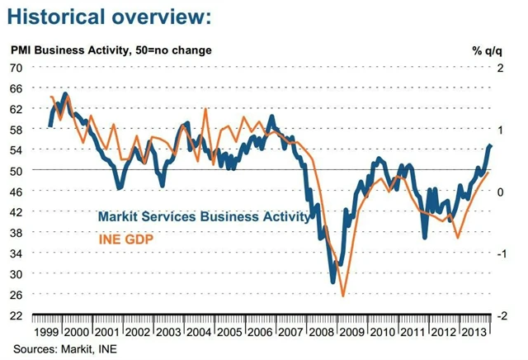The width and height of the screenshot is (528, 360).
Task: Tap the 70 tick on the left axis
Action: click(16, 67)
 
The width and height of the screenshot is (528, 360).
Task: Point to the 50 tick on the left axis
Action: click(16, 170)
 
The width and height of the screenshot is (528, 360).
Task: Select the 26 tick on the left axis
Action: click(16, 295)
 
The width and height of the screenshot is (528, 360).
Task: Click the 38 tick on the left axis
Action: click(16, 233)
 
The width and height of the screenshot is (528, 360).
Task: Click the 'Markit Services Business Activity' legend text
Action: click(204, 218)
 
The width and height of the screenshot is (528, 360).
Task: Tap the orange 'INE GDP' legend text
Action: click(126, 239)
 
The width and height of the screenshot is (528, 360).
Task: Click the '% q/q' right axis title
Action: click(487, 50)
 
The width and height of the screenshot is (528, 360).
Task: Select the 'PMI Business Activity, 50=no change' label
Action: click(111, 50)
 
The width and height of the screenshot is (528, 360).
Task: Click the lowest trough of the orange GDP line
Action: click(342, 295)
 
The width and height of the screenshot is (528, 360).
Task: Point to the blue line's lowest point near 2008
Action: click(332, 282)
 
